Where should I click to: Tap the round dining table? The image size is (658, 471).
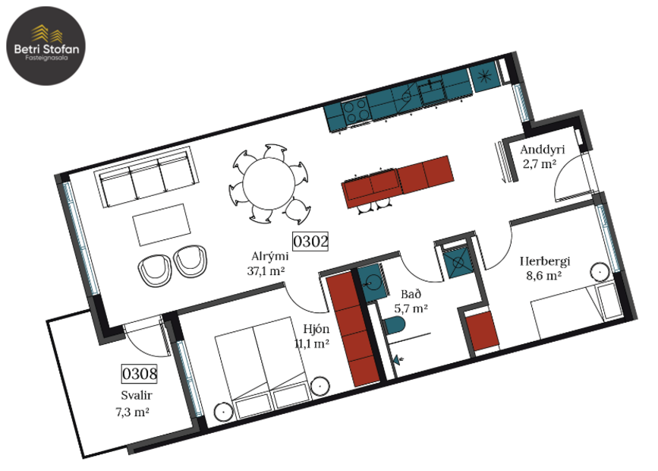coord(268,183)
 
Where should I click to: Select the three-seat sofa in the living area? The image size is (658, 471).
coord(145,179)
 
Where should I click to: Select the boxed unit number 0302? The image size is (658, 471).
coord(310,242)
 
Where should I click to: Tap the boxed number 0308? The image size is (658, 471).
coord(139,374)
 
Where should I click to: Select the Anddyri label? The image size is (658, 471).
coord(539,149)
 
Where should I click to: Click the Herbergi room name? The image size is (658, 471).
coord(544,262)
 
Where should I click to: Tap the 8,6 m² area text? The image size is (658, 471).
coord(544,276)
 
